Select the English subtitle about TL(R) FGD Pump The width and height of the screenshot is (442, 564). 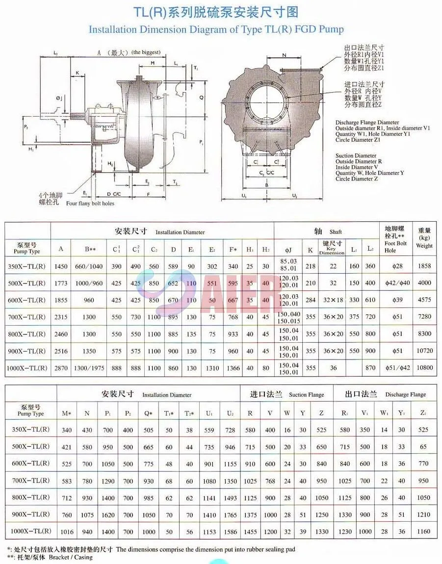point(216,29)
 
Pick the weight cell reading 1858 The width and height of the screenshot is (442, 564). point(424,266)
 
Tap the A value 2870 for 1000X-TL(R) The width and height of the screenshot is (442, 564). point(61,367)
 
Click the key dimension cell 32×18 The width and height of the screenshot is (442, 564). point(333,300)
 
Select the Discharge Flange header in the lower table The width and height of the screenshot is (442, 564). point(386,394)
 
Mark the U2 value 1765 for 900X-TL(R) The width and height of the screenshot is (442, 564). point(230,514)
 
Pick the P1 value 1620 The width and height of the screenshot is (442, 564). point(108,514)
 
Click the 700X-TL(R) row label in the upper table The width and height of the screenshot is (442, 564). point(27,317)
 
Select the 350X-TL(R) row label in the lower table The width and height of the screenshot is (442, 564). point(30,430)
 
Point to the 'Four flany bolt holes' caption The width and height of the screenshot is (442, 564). point(90,203)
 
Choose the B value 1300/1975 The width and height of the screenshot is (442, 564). point(89,367)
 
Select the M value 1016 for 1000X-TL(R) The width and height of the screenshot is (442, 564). point(67,531)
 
